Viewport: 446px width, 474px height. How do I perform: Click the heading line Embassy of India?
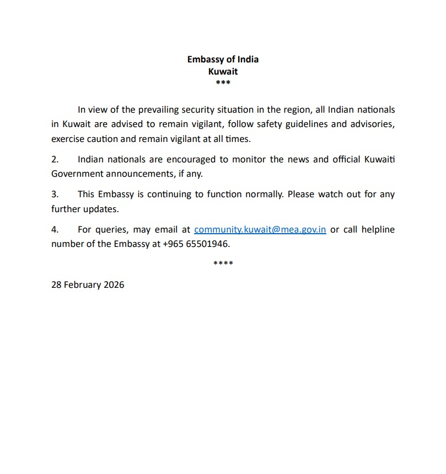pos(223,60)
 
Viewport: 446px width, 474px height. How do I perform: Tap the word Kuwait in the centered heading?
pos(223,71)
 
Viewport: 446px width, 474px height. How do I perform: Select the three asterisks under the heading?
pos(223,83)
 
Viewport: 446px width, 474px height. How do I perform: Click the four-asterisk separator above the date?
pos(223,263)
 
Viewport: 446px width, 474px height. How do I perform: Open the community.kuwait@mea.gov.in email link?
pos(260,229)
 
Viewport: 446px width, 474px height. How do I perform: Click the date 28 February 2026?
pos(88,285)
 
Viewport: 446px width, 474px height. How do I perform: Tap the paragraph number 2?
pos(55,159)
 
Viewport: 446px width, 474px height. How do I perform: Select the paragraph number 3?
pos(55,194)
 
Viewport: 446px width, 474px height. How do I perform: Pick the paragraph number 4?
pos(55,229)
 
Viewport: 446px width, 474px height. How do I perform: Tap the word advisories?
pos(373,124)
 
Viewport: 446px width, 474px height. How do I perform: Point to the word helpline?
pos(377,229)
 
